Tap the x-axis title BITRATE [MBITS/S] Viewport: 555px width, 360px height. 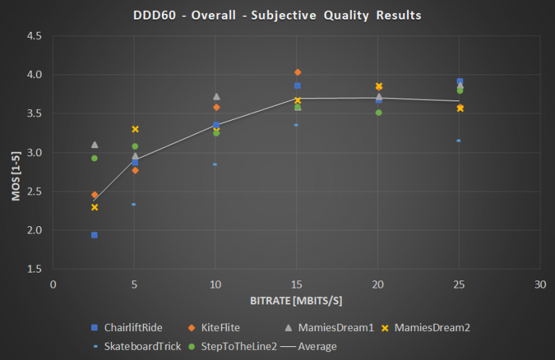296,300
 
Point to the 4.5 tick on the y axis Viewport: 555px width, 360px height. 34,36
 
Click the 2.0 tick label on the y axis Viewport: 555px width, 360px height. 34,231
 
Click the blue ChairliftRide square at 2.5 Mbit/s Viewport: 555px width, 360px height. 94,235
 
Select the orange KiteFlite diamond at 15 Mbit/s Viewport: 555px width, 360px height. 297,72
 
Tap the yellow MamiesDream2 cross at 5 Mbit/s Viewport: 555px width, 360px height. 134,129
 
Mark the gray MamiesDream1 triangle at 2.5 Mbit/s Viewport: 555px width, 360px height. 95,145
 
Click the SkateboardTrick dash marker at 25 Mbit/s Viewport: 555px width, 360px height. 459,140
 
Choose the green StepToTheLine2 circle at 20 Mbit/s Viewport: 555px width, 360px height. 378,112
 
